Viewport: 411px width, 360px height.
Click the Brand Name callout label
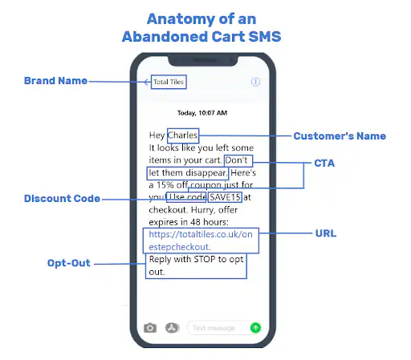click(55, 81)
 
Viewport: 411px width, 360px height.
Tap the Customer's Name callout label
click(340, 136)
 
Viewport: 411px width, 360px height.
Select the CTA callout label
click(324, 163)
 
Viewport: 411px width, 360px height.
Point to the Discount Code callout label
click(62, 199)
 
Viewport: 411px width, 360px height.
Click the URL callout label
click(326, 233)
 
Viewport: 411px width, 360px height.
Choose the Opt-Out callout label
click(69, 263)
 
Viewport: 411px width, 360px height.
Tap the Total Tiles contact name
click(169, 82)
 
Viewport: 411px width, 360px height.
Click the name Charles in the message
click(182, 136)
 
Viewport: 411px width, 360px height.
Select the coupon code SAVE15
click(225, 197)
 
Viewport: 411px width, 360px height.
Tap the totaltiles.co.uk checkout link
click(201, 241)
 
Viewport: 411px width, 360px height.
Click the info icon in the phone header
click(255, 82)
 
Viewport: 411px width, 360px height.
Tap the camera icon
click(150, 328)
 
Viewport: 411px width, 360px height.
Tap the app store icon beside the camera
click(172, 328)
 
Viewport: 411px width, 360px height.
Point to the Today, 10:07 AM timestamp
click(202, 113)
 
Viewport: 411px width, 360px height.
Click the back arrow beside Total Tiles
click(147, 82)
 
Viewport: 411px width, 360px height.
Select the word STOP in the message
click(205, 259)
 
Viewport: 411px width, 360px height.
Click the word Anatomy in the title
click(181, 19)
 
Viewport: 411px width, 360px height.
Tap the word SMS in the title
click(265, 37)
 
